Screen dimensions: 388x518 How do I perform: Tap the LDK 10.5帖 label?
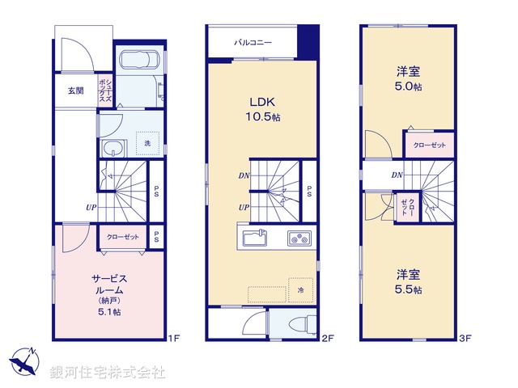[264, 109]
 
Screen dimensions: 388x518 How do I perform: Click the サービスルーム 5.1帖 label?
[108, 294]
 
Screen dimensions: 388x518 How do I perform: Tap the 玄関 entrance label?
[75, 91]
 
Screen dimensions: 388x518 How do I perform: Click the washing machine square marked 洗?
[146, 143]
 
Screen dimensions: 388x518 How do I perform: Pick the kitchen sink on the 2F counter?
[252, 238]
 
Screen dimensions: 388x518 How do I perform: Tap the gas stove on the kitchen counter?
[298, 238]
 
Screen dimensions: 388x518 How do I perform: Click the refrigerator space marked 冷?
[299, 289]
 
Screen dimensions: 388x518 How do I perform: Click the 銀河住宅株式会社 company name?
[108, 373]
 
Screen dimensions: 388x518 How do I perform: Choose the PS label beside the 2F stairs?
[309, 191]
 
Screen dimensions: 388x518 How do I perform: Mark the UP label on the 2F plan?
[244, 208]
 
